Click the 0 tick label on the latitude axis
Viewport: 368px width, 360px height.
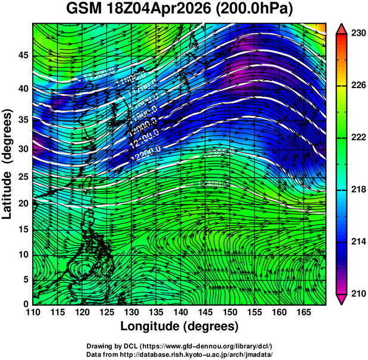click(x=26, y=304)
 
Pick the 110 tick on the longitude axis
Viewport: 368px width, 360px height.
click(x=33, y=312)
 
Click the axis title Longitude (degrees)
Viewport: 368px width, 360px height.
click(x=180, y=326)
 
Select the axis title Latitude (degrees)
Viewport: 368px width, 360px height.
click(x=8, y=164)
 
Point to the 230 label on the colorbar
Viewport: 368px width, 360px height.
click(x=357, y=34)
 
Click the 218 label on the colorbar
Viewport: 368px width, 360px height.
click(x=357, y=189)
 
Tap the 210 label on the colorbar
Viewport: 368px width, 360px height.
click(x=357, y=293)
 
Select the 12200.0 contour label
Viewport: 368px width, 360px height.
click(x=147, y=156)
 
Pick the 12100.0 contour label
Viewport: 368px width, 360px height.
click(x=143, y=144)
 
